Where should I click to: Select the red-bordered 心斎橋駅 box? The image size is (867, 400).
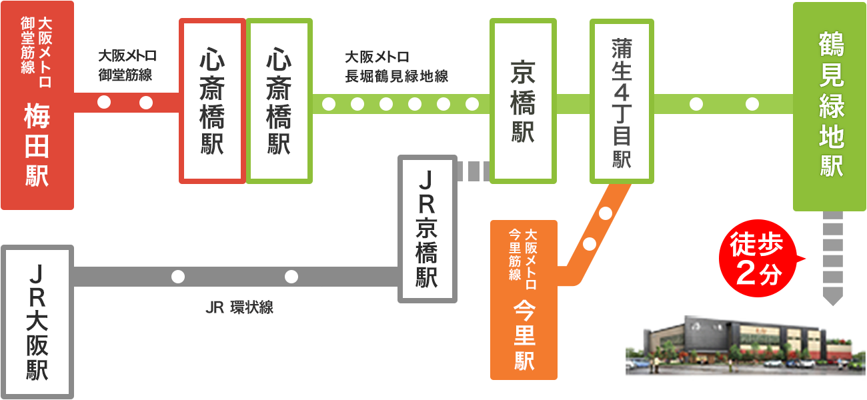tap(212, 101)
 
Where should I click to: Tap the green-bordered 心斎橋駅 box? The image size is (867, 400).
tap(279, 101)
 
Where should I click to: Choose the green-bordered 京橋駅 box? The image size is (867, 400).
tap(523, 101)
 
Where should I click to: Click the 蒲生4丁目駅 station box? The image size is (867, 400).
tap(622, 101)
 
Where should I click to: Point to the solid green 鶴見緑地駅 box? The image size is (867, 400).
tap(829, 107)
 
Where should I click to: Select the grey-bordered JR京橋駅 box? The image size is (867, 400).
tap(427, 229)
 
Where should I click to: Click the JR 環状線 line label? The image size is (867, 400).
tap(239, 308)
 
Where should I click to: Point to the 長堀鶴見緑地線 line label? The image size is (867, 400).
tap(396, 67)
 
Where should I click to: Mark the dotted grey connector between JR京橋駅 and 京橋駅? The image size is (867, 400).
tap(474, 171)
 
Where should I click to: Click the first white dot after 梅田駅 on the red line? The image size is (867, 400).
tap(104, 103)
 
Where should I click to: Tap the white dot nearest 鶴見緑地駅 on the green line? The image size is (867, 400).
tap(752, 104)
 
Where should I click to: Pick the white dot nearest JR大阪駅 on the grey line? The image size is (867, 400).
tap(178, 277)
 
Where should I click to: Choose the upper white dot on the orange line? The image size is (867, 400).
tap(606, 214)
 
